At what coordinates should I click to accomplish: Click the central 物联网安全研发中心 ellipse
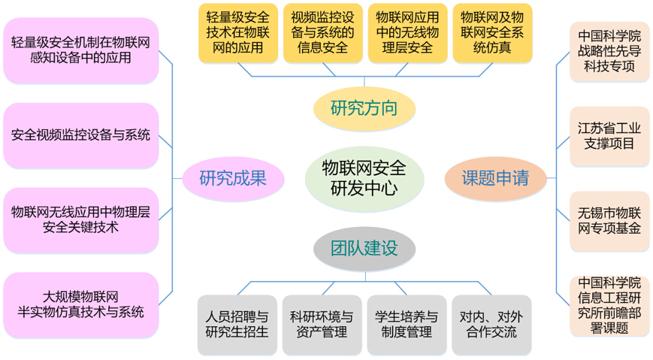click(364, 177)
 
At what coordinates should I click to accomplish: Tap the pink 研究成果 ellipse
click(232, 178)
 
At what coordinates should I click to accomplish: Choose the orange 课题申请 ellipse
click(494, 178)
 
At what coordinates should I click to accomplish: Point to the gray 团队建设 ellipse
click(364, 248)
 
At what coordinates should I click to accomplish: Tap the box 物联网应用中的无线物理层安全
click(405, 32)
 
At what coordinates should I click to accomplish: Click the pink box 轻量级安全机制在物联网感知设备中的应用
click(81, 50)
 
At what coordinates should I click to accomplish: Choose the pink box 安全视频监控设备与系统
click(81, 136)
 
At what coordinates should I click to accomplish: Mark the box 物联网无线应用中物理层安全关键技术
click(81, 219)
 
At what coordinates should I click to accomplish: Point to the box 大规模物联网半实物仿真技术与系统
click(81, 304)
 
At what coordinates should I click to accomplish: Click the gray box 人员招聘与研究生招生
click(237, 324)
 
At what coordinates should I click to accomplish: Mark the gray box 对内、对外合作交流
click(490, 324)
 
